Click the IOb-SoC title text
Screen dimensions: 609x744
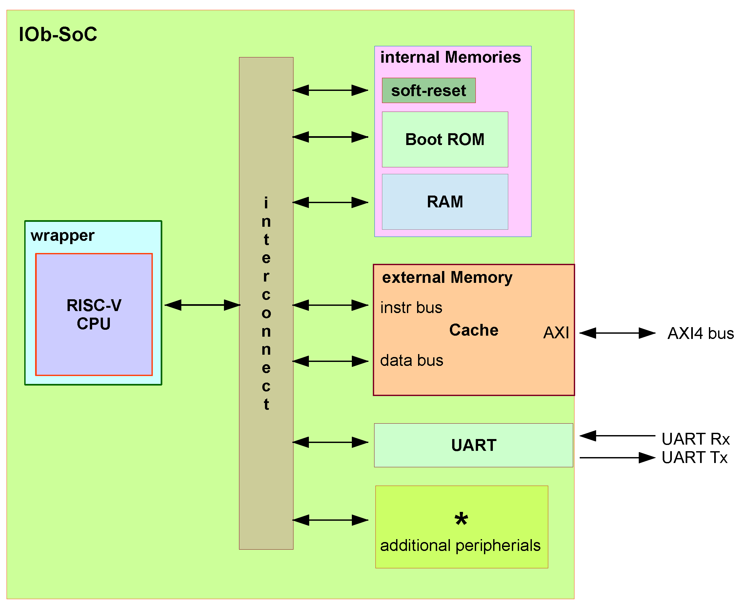pyautogui.click(x=58, y=34)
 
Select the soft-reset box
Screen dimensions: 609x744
pyautogui.click(x=429, y=91)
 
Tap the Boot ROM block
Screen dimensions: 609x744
pyautogui.click(x=445, y=139)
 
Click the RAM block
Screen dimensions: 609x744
pyautogui.click(x=445, y=202)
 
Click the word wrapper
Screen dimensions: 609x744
pyautogui.click(x=62, y=235)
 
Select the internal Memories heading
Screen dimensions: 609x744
pyautogui.click(x=451, y=57)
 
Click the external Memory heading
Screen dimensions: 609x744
pyautogui.click(x=447, y=277)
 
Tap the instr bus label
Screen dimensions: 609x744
pyautogui.click(x=411, y=308)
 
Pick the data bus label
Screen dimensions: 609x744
pyautogui.click(x=412, y=361)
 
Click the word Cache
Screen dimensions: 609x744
pyautogui.click(x=474, y=330)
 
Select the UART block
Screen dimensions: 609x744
pyautogui.click(x=473, y=445)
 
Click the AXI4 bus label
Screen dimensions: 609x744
pyautogui.click(x=700, y=333)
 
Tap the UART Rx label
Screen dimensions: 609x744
pyautogui.click(x=695, y=439)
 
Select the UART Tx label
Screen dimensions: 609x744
pyautogui.click(x=694, y=457)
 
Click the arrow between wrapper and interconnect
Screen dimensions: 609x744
pyautogui.click(x=202, y=305)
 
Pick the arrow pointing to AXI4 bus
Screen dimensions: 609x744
pyautogui.click(x=617, y=333)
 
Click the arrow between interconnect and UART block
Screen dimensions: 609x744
pyautogui.click(x=330, y=442)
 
